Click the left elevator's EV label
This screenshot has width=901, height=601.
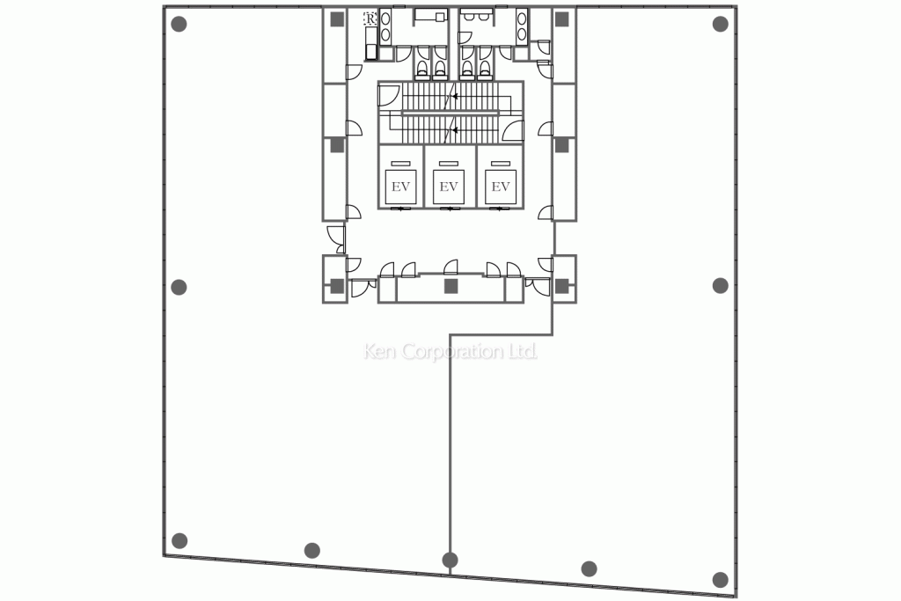400,187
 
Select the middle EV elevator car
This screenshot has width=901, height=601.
448,187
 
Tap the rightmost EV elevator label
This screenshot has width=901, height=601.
501,187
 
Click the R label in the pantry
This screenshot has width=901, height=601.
370,19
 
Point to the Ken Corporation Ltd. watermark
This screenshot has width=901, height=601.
450,351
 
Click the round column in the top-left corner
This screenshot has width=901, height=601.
179,24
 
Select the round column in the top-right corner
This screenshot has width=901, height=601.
720,24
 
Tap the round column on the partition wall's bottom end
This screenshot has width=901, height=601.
450,560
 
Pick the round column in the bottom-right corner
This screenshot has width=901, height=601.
720,579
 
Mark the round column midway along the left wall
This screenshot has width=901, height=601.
179,287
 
